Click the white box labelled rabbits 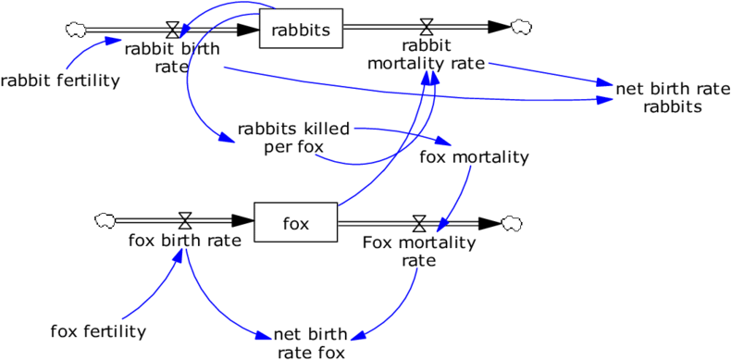coord(301,29)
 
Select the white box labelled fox coord(295,223)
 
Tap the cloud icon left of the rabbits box coord(76,31)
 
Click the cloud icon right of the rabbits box coord(521,28)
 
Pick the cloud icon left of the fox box coord(105,221)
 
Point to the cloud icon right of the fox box coord(512,224)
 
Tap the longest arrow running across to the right coord(416,93)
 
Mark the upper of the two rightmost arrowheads coord(606,84)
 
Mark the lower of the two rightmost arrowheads coord(606,99)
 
